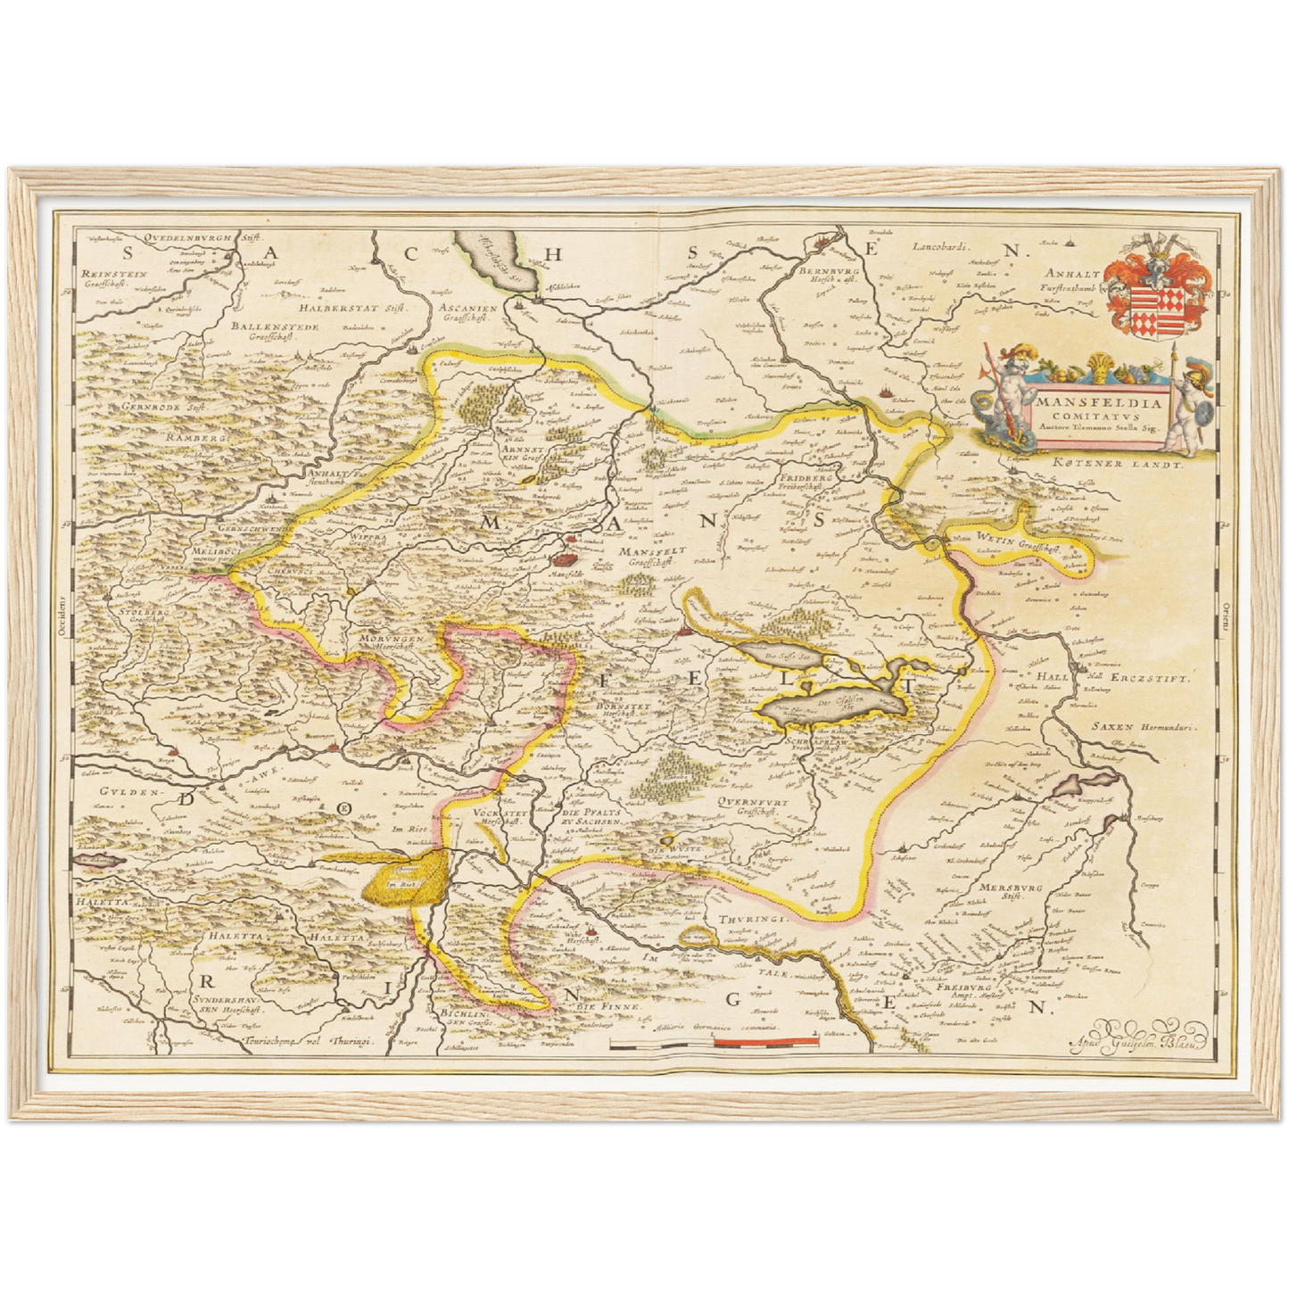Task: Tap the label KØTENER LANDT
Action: click(1115, 464)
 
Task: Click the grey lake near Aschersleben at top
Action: click(495, 260)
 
